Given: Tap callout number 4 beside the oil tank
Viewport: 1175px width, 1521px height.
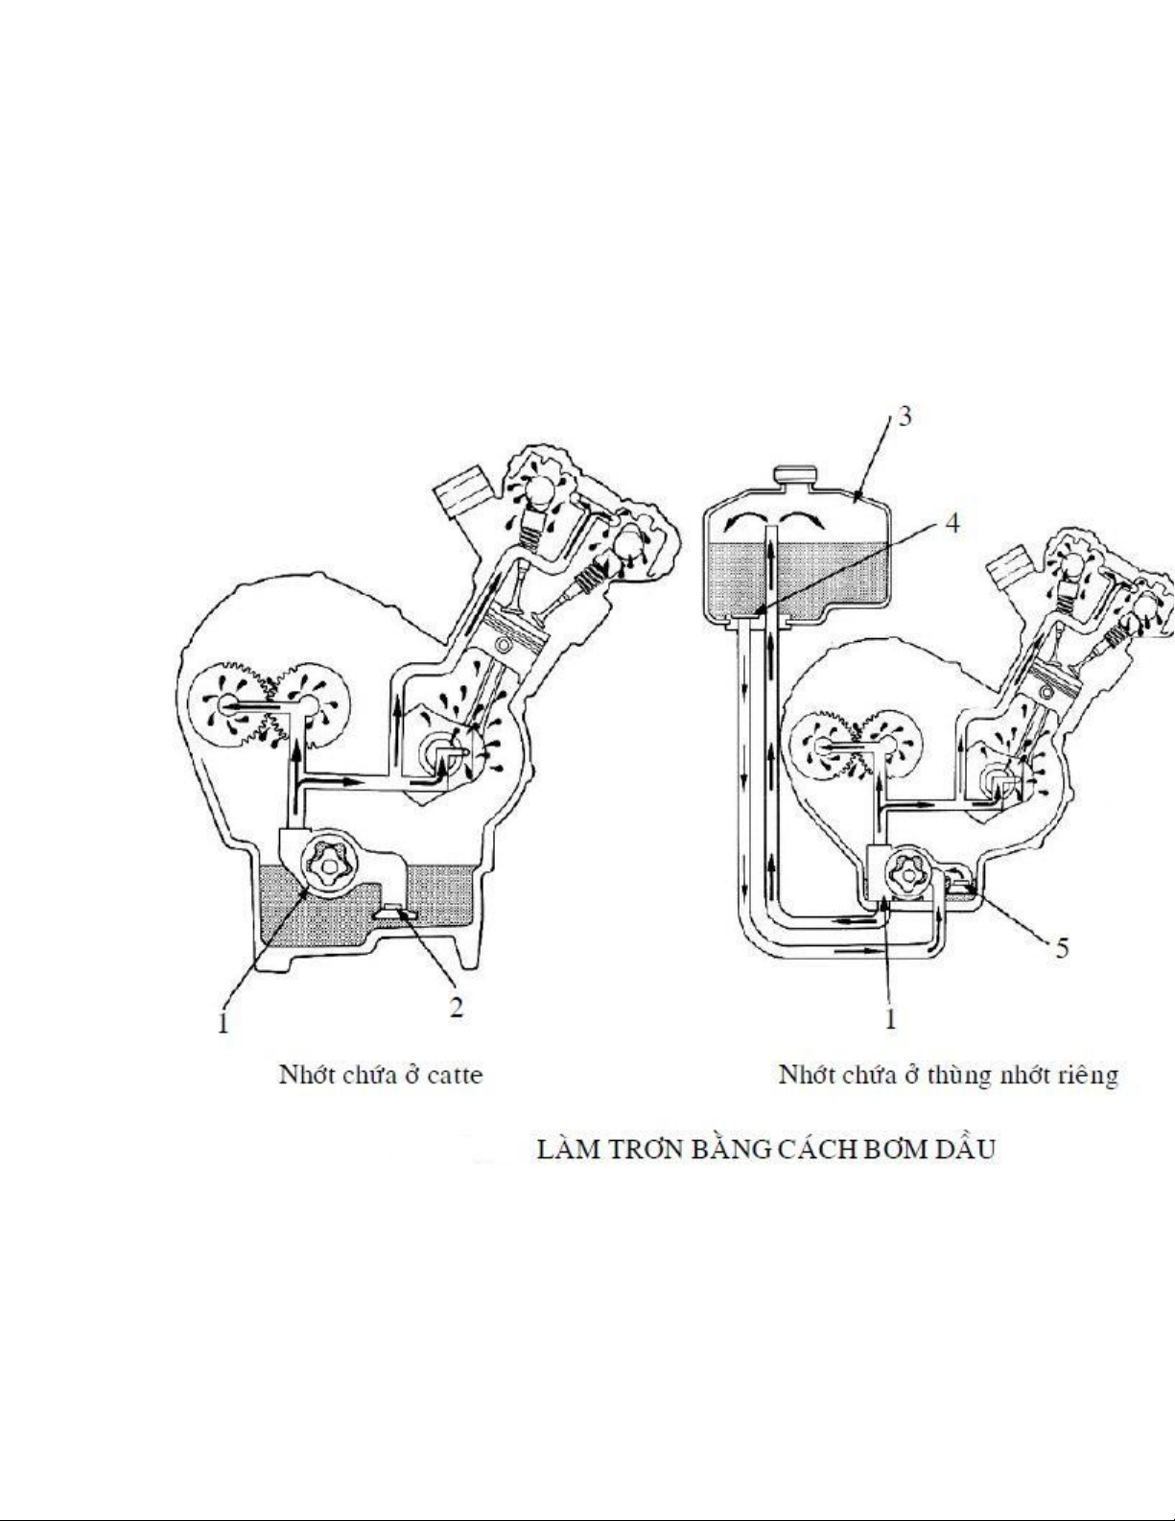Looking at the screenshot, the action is pos(952,523).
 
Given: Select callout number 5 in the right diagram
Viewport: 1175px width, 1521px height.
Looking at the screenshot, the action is pos(1063,948).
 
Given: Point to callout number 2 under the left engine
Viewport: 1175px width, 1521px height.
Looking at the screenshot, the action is pos(456,1008).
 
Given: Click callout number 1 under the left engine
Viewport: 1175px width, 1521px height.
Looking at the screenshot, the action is pos(223,1023).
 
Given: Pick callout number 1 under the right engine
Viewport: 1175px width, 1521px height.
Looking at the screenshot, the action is pos(890,1018).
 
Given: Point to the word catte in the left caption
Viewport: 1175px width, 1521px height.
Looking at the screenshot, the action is pos(455,1075).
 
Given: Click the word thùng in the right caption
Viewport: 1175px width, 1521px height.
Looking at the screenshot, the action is pos(958,1076).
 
